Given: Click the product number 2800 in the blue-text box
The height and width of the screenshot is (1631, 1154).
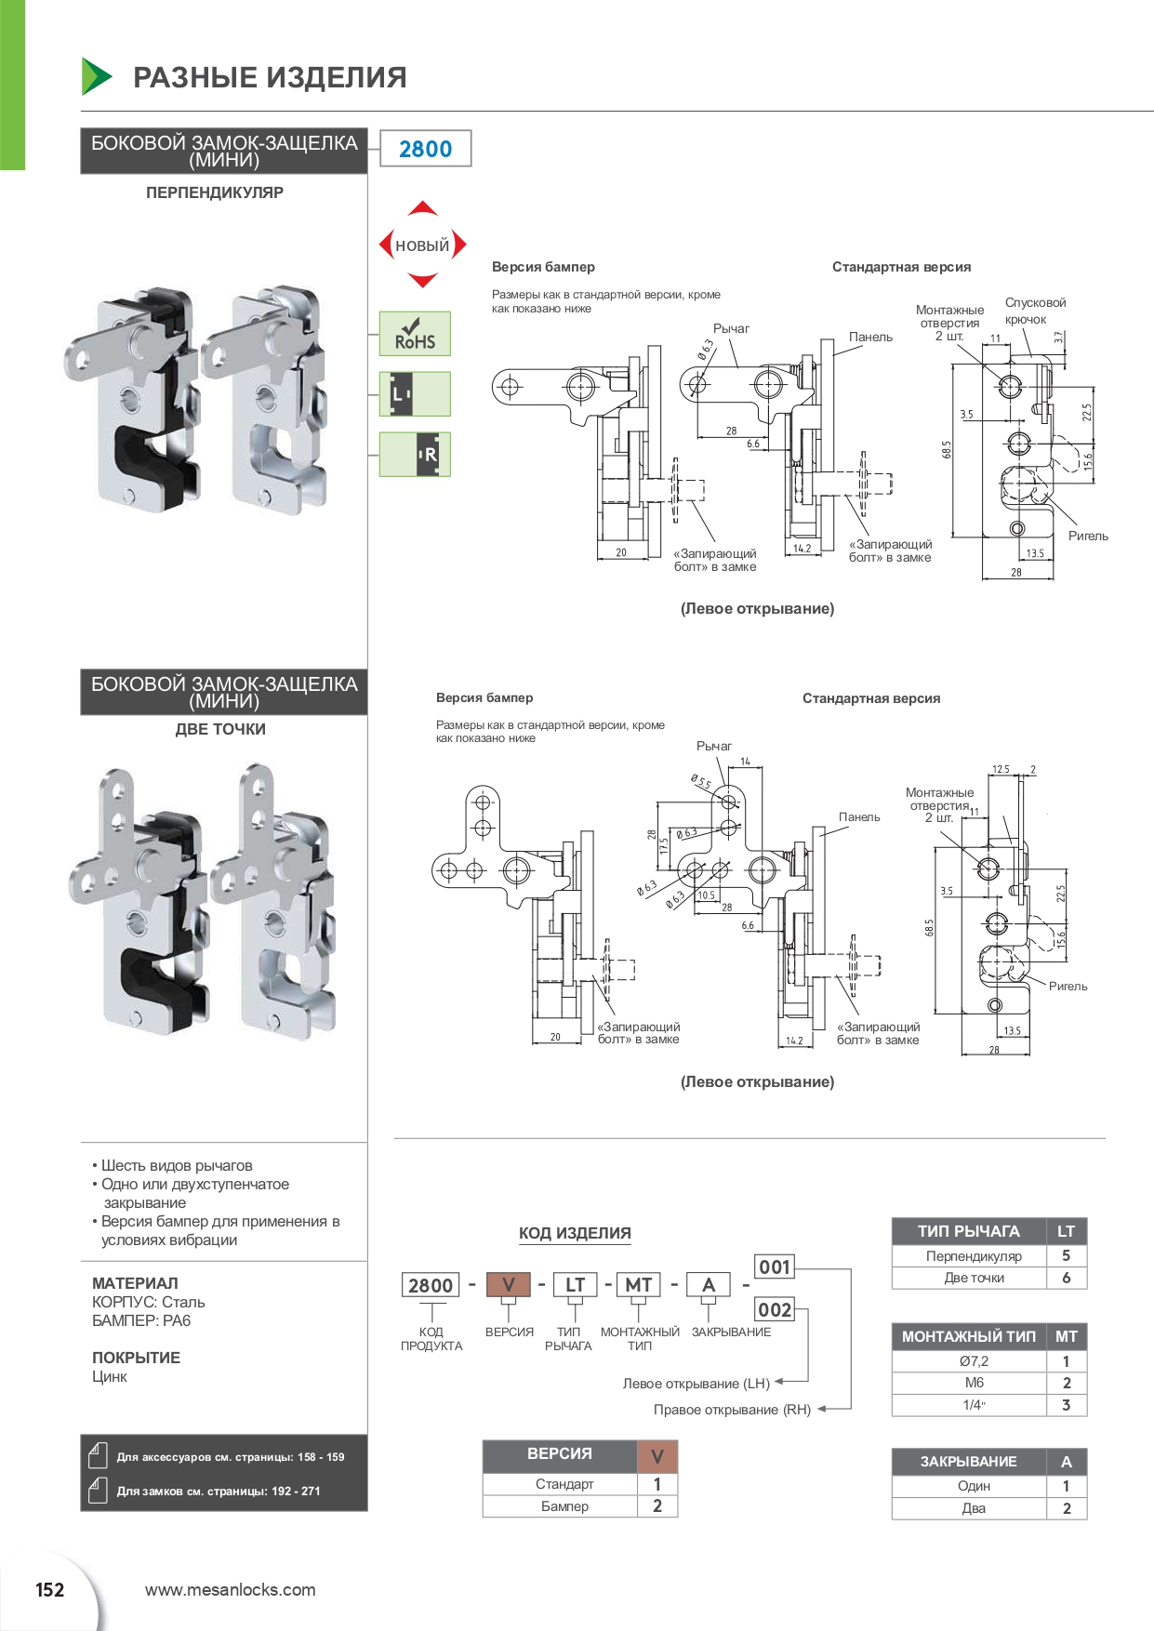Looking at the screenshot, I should (425, 149).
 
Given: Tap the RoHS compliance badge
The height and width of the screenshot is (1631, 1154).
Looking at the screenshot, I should (415, 334).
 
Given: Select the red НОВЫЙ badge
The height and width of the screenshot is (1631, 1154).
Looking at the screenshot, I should (422, 245).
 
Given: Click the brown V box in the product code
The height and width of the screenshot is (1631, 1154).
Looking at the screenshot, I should (509, 1285).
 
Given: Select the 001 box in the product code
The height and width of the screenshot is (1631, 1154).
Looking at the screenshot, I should (775, 1266).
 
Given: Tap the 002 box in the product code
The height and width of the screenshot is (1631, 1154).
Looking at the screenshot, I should (775, 1310).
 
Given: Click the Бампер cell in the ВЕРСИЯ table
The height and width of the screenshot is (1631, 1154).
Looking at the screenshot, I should (564, 1506).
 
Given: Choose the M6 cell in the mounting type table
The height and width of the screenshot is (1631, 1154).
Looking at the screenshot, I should (974, 1383).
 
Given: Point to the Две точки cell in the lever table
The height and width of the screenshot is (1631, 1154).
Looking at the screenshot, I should (974, 1278).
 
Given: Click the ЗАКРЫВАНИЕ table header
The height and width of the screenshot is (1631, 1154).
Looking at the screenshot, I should (969, 1462).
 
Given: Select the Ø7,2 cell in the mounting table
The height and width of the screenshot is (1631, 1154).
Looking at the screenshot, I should (974, 1361).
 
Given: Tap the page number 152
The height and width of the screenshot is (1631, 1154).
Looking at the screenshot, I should (50, 1590).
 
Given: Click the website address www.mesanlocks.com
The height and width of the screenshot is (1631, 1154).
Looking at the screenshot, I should (230, 1590).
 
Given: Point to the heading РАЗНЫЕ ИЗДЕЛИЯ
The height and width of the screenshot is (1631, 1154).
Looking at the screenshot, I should (270, 77).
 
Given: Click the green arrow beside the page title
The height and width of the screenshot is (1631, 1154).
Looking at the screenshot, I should (96, 76).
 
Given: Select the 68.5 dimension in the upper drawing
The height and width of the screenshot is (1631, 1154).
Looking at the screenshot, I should (947, 450).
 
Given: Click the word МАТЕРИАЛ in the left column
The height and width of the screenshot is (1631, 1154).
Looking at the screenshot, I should (135, 1283).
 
